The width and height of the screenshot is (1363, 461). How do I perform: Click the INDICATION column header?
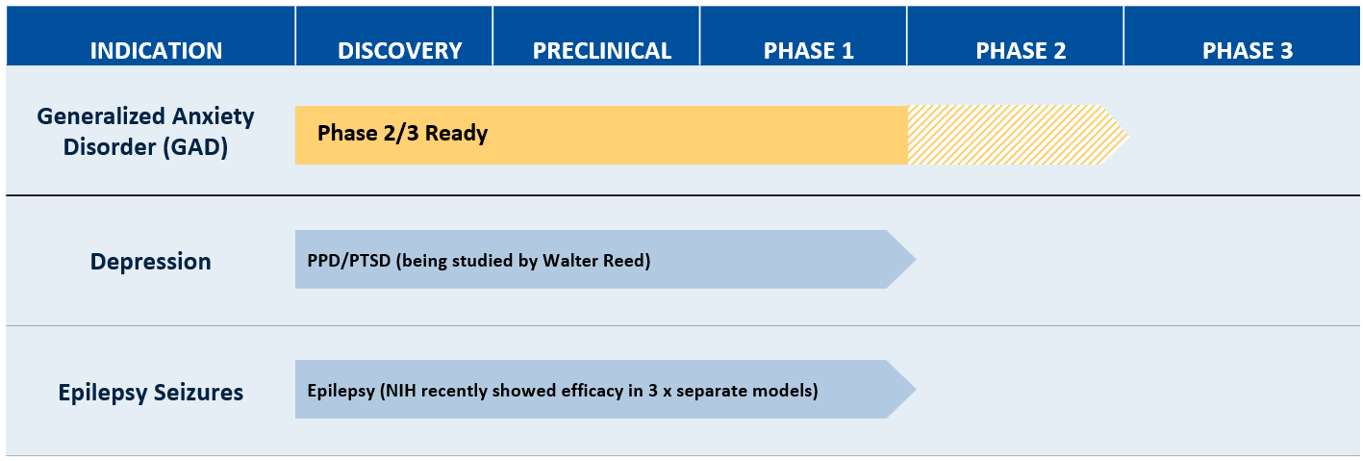pos(157,51)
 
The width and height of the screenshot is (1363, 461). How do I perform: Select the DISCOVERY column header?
pos(400,51)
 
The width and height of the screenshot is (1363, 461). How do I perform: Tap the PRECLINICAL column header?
pos(602,51)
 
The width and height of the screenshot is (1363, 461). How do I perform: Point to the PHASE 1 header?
pos(809,51)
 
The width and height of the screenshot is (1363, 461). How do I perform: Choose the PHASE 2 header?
pos(1021,51)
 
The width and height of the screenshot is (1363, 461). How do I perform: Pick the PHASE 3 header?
pos(1248,51)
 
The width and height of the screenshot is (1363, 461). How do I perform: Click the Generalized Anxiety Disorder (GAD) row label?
pos(145,132)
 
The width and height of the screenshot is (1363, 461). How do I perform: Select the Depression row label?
pos(150,261)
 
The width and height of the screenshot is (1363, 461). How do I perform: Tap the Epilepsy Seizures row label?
pos(150,392)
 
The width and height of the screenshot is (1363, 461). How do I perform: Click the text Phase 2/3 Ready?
pos(402,133)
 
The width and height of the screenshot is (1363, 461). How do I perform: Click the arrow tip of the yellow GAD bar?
pos(1128,135)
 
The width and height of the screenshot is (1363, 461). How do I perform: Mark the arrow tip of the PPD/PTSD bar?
pos(916,260)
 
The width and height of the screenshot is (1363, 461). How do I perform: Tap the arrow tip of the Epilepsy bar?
pos(916,389)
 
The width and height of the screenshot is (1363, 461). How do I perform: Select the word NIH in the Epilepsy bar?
pos(399,391)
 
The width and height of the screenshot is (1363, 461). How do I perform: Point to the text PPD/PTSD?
pos(348,261)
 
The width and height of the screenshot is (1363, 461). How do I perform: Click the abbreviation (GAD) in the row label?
pos(196,147)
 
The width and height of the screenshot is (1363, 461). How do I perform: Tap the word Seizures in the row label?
pos(198,392)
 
